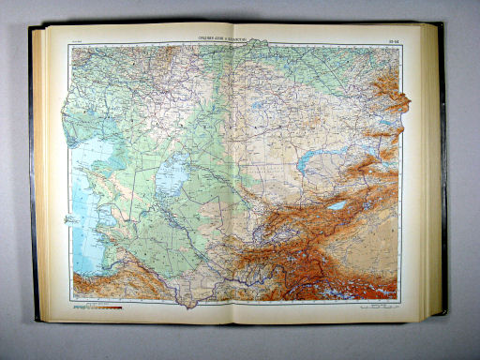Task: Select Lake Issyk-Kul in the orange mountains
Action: point(337,204)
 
